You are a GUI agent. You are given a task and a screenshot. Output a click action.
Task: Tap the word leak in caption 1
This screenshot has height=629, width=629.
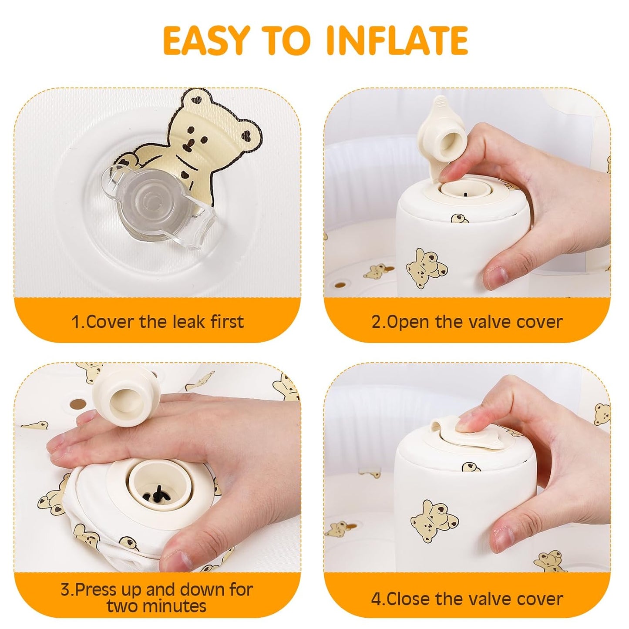190,322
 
